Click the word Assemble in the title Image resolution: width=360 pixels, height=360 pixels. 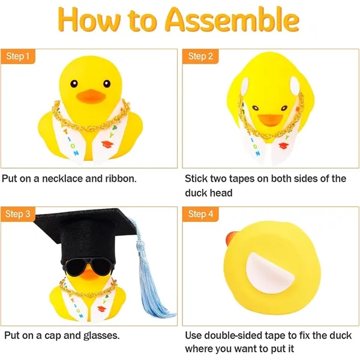(232, 20)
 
